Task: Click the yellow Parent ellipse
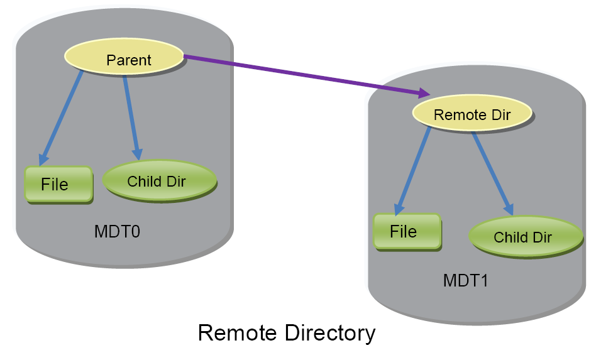(x=124, y=57)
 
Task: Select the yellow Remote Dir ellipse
(x=472, y=113)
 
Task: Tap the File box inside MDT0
(x=58, y=184)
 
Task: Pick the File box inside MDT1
(x=407, y=231)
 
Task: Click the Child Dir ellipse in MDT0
(x=160, y=180)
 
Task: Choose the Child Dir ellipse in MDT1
(x=526, y=236)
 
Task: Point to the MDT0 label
(x=117, y=232)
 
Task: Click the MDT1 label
(x=466, y=281)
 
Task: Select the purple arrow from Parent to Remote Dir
(x=307, y=75)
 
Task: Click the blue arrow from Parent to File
(x=60, y=118)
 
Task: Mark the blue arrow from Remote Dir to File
(x=412, y=171)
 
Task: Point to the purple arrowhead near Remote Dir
(x=424, y=93)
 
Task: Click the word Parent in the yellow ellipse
(x=129, y=60)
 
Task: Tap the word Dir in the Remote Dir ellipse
(x=501, y=115)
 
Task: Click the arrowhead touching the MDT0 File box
(x=43, y=160)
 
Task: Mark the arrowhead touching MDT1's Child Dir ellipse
(x=509, y=209)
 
